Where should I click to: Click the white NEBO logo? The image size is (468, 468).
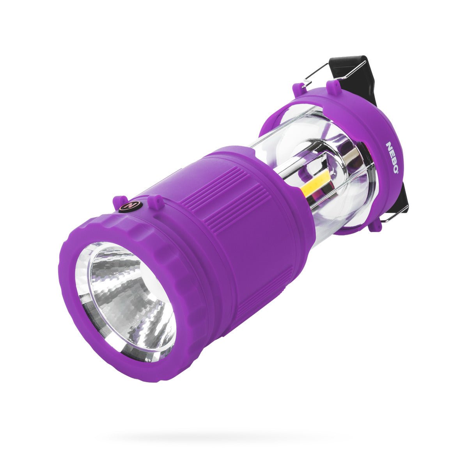pos(392,158)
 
